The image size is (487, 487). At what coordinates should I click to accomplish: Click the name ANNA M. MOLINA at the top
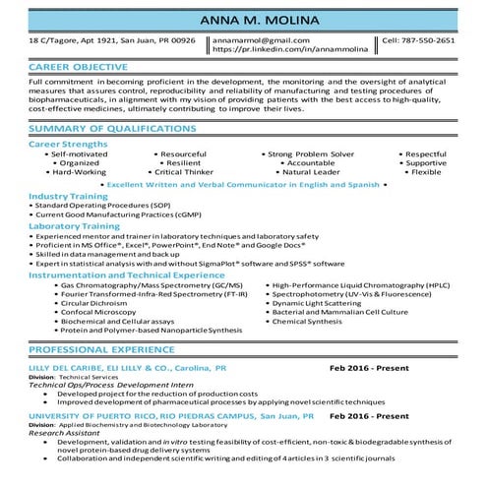(243, 22)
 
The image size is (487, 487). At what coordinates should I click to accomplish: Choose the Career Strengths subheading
(68, 143)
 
